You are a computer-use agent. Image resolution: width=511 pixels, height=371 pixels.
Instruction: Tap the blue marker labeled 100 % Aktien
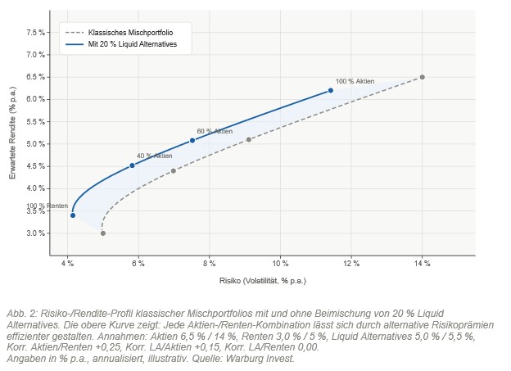(330, 90)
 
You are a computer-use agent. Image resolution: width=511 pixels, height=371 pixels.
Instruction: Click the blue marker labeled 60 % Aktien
(192, 140)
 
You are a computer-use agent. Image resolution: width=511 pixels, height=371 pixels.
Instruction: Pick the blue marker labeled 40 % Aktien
(132, 165)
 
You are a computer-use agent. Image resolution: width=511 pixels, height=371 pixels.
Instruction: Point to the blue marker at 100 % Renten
(73, 215)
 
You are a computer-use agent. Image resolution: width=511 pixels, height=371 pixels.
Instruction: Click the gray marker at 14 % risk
(422, 77)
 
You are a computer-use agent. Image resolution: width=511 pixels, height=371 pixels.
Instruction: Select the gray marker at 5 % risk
(102, 233)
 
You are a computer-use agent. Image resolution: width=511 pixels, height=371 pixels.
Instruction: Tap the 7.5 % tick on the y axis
(37, 33)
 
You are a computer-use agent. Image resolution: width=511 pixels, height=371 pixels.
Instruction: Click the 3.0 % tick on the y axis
(37, 233)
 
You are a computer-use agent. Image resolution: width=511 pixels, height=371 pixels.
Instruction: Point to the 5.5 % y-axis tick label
(37, 122)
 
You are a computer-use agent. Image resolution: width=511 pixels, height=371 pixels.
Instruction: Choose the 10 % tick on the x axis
(280, 264)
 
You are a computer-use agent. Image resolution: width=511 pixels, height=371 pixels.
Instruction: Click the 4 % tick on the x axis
(68, 264)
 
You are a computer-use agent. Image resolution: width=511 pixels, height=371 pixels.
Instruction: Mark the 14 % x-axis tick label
(422, 264)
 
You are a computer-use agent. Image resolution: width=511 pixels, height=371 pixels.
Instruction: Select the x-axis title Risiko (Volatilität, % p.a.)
(262, 280)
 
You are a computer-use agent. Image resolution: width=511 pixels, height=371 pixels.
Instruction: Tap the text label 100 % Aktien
(355, 82)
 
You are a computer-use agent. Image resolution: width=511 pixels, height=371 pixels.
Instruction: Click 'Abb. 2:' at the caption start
(20, 314)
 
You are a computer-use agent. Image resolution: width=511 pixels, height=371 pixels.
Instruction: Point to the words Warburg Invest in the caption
(267, 357)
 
